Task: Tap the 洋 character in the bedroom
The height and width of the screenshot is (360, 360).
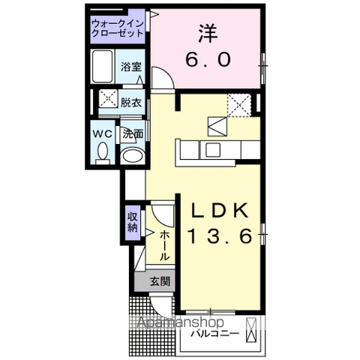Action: click(x=208, y=34)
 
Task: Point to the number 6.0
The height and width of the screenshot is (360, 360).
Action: click(x=208, y=60)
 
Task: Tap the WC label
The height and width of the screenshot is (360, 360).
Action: click(x=103, y=133)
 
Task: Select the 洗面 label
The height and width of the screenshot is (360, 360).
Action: click(x=133, y=133)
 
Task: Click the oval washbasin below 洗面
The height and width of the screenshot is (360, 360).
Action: click(x=133, y=154)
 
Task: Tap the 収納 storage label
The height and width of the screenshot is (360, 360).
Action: click(x=133, y=222)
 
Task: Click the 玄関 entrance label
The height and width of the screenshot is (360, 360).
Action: click(x=158, y=283)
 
